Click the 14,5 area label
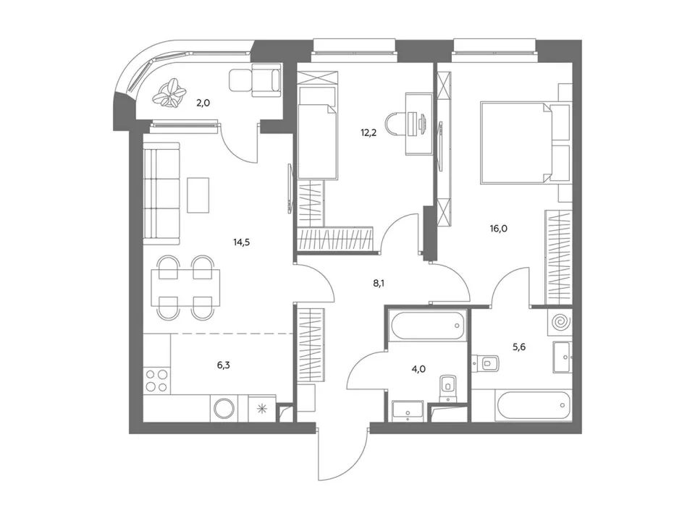[242, 242]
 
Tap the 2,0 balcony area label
[203, 103]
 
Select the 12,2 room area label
[368, 132]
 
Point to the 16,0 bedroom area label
[499, 229]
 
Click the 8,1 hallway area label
[378, 283]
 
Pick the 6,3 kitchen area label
[224, 365]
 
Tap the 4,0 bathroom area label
[419, 368]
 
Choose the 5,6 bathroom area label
[519, 347]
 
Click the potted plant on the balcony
[169, 93]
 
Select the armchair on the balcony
[256, 80]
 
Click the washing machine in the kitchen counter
[224, 407]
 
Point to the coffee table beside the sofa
[198, 195]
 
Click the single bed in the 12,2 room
[317, 133]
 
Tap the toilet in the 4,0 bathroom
[448, 387]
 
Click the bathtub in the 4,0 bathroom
[427, 326]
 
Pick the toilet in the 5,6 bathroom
[486, 363]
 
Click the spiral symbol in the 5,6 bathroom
[560, 322]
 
